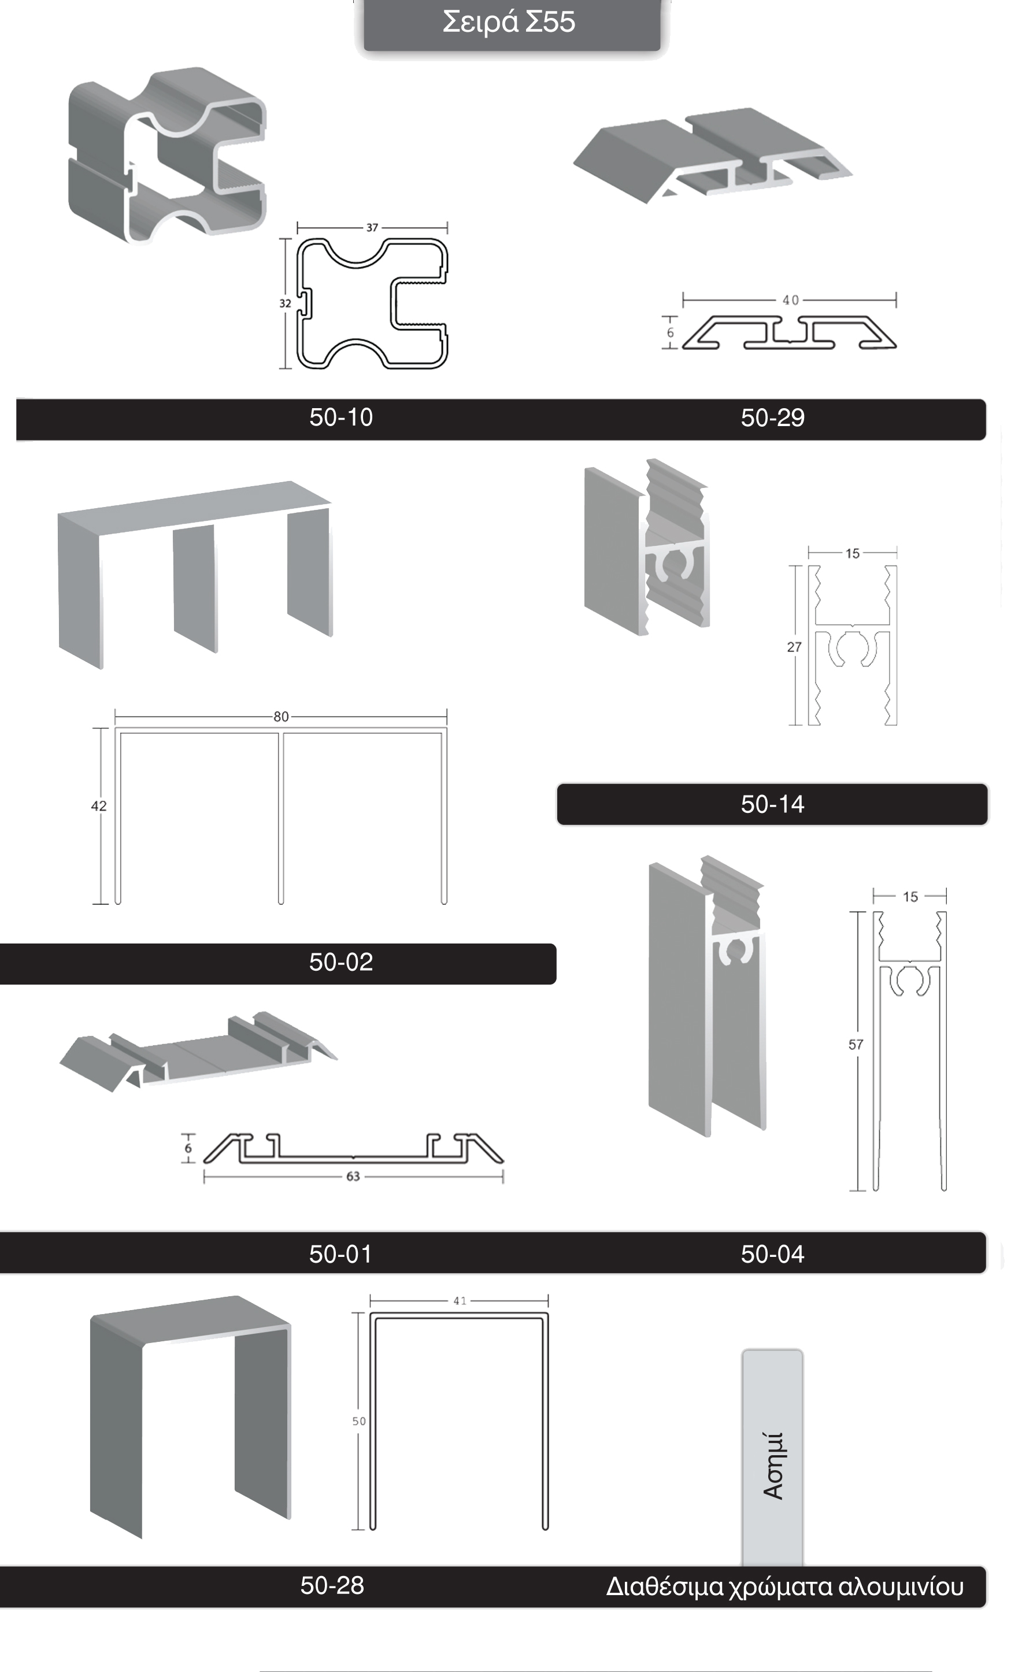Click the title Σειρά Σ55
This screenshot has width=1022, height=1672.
click(509, 22)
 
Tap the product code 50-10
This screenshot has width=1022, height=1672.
click(342, 417)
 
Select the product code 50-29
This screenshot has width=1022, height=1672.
click(773, 418)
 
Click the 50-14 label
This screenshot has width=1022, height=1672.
click(773, 805)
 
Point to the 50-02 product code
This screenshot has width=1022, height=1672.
click(342, 962)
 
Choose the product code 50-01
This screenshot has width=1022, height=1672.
click(342, 1254)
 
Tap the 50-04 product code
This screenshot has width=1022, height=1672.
click(773, 1254)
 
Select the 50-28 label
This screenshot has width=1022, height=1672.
click(332, 1586)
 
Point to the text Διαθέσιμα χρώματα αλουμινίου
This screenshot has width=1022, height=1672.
click(785, 1587)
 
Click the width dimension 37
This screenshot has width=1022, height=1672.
click(372, 228)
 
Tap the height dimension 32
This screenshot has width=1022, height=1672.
click(286, 304)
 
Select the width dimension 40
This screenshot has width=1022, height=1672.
click(791, 300)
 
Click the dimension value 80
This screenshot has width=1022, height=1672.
click(281, 716)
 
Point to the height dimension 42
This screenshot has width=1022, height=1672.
click(98, 806)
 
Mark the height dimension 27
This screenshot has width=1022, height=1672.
click(794, 648)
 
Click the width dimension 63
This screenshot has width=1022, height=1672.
click(353, 1177)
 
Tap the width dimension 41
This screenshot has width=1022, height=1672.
click(460, 1301)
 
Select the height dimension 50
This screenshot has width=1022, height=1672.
click(359, 1421)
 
